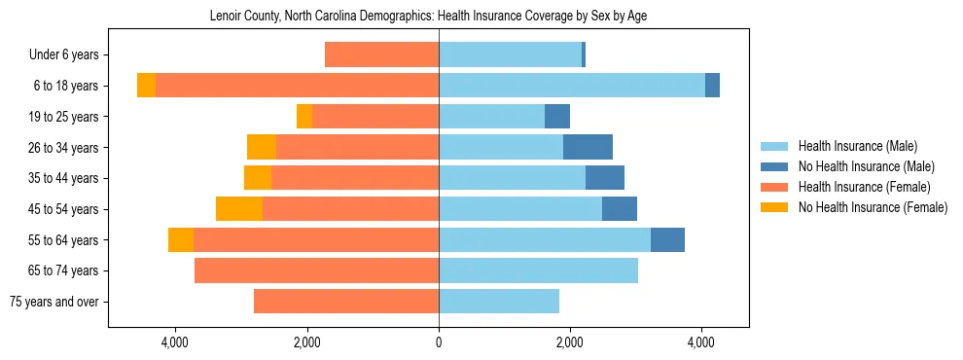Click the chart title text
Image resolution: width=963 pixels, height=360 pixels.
[x=428, y=17]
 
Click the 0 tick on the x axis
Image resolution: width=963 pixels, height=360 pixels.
[x=439, y=342]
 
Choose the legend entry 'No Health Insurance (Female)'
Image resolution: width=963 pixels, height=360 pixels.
[x=873, y=207]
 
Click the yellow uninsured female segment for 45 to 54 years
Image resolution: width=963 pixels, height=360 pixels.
[x=239, y=209]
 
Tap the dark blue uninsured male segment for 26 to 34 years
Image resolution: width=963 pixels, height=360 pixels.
[x=588, y=147]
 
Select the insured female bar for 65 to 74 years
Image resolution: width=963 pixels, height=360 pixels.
[x=316, y=270]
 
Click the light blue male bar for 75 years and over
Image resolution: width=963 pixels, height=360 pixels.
[x=499, y=302]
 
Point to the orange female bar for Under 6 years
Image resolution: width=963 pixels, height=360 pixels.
[x=381, y=55]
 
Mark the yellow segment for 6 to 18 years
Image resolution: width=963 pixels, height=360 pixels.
[x=146, y=86]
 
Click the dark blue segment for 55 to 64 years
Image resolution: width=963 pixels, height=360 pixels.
[x=667, y=239]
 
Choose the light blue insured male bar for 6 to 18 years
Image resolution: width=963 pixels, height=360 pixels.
[x=572, y=86]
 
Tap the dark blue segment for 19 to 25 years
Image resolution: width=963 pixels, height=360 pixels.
[x=557, y=117]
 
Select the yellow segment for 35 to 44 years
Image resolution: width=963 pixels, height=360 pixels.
[x=258, y=178]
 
